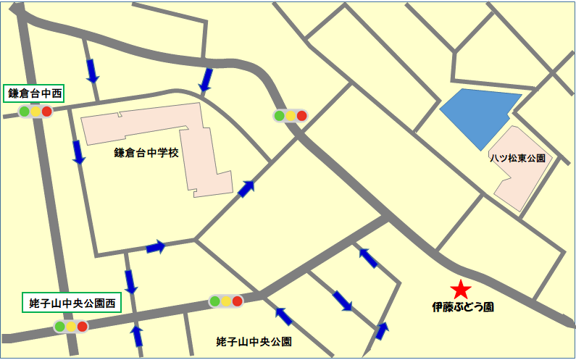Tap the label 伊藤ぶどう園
click(x=463, y=307)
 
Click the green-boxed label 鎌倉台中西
click(x=35, y=93)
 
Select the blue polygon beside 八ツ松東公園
click(x=479, y=116)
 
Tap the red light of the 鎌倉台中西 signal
click(x=47, y=112)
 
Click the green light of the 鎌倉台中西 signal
click(x=24, y=112)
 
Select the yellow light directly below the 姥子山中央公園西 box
click(x=71, y=327)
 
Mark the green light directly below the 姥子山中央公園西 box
click(x=59, y=327)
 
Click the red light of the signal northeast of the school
click(x=301, y=116)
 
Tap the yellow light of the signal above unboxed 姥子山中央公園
click(x=226, y=301)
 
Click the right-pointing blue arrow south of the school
click(x=156, y=248)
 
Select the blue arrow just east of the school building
click(x=247, y=189)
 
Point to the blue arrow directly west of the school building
click(x=78, y=151)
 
